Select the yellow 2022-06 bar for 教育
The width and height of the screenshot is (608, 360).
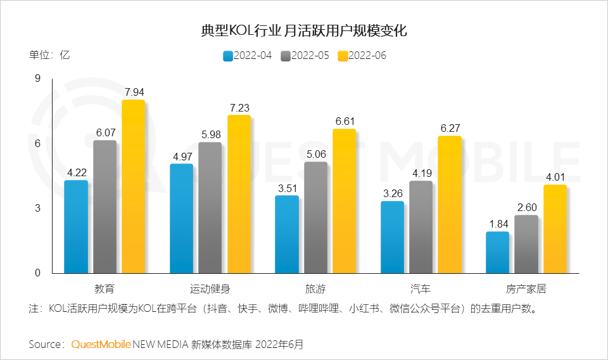point(133,186)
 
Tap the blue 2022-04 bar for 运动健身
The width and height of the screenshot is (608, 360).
point(181,218)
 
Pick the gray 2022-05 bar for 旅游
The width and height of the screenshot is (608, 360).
point(315,217)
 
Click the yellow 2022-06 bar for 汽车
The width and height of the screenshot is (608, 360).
point(450,204)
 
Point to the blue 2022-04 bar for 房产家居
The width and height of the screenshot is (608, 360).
point(497,252)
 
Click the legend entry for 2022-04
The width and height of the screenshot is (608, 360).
point(247,56)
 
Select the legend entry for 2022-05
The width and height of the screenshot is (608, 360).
point(305,56)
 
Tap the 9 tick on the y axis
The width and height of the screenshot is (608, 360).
point(37,79)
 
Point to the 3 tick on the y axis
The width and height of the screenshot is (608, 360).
point(37,209)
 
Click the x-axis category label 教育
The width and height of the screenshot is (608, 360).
point(104,289)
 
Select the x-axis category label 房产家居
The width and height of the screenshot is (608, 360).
point(526,289)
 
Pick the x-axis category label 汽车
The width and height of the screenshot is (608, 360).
point(421,289)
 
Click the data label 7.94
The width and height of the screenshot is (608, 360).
point(133,92)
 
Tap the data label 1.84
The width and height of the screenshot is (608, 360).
point(497,223)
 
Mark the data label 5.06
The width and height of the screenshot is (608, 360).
point(315,153)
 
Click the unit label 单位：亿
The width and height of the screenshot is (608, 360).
point(49,55)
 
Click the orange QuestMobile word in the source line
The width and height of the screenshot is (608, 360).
point(101,345)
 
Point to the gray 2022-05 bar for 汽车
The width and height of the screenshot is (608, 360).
point(421,227)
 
